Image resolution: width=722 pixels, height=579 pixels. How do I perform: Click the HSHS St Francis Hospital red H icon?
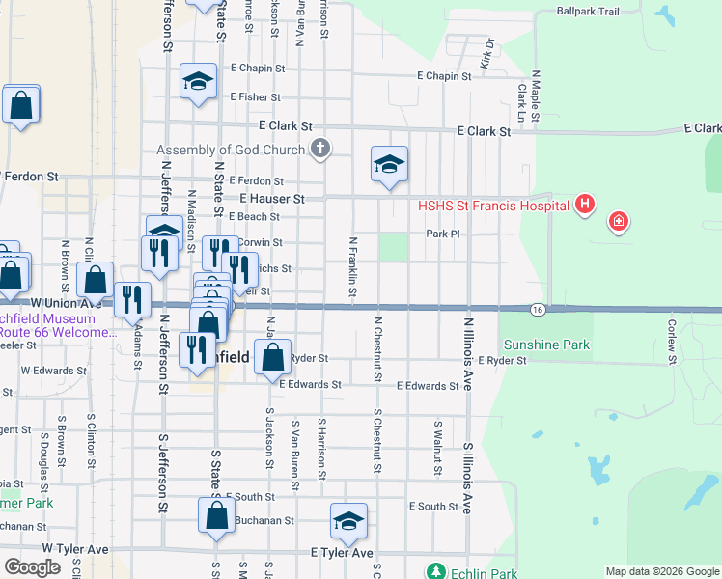pos(584,205)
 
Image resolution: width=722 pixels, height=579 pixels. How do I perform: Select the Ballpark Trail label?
pos(588,12)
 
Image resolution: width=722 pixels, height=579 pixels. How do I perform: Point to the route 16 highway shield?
pos(539,309)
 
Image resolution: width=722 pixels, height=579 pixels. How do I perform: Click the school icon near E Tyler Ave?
pos(348,522)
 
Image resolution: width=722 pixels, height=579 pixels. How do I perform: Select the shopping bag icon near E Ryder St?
pos(274,356)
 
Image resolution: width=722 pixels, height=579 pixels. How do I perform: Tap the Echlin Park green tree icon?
pos(437,571)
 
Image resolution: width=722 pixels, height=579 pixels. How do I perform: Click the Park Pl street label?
pos(441,234)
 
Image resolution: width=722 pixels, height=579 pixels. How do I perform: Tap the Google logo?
pos(34,567)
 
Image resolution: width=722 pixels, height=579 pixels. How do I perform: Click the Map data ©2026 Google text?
pos(661,571)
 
